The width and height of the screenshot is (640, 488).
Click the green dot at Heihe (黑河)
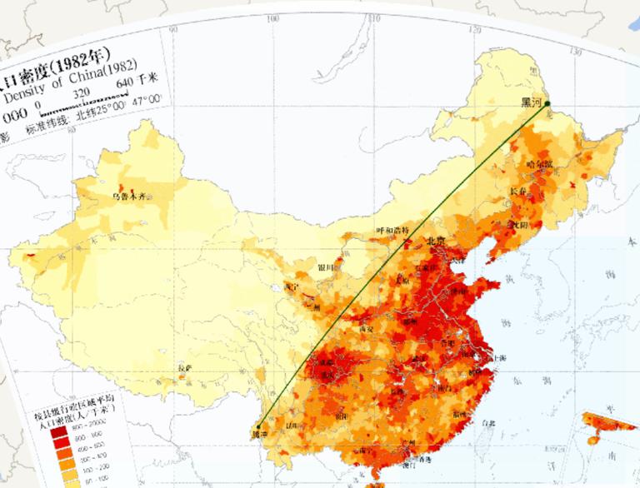(547, 104)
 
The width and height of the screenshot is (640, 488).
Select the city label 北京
(436, 241)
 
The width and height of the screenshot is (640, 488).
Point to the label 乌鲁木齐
(134, 197)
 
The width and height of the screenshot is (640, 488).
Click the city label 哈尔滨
(539, 164)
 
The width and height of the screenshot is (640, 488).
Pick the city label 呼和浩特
(392, 230)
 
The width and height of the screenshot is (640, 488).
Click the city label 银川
(327, 267)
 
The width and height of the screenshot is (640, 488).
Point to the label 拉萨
(185, 367)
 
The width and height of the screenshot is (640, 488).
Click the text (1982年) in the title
(80, 61)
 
